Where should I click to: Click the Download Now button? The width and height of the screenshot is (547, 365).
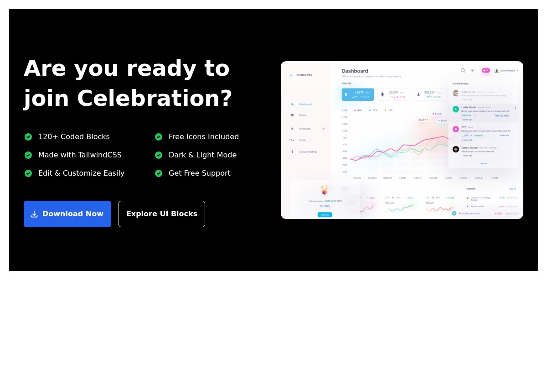(x=67, y=214)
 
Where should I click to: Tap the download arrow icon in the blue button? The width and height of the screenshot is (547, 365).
(x=34, y=214)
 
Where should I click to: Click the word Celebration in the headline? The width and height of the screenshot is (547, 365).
(x=155, y=99)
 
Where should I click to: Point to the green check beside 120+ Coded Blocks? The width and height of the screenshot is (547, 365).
(x=28, y=137)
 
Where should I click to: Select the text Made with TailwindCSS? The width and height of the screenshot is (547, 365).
(x=80, y=155)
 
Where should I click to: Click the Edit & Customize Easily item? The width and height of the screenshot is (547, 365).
(x=81, y=173)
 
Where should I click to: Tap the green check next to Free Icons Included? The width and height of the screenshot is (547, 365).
(x=159, y=137)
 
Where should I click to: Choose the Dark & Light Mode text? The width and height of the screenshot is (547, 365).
(x=202, y=155)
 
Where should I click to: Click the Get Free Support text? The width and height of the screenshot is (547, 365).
(x=199, y=173)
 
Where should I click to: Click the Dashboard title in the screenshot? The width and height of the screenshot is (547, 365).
(x=355, y=71)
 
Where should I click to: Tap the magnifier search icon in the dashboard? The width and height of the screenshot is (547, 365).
(x=463, y=70)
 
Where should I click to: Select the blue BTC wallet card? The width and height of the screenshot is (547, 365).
(x=358, y=94)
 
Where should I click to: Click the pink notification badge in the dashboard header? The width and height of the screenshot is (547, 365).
(x=485, y=70)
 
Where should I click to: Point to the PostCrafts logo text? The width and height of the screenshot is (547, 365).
(x=304, y=75)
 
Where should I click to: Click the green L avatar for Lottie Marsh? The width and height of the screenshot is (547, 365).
(x=455, y=109)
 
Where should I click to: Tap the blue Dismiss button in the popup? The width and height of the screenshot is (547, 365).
(x=325, y=214)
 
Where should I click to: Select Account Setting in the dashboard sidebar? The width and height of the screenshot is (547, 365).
(x=308, y=152)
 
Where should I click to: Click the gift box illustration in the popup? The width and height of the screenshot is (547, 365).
(x=325, y=190)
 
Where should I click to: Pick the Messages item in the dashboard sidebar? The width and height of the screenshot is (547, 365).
(x=304, y=129)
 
